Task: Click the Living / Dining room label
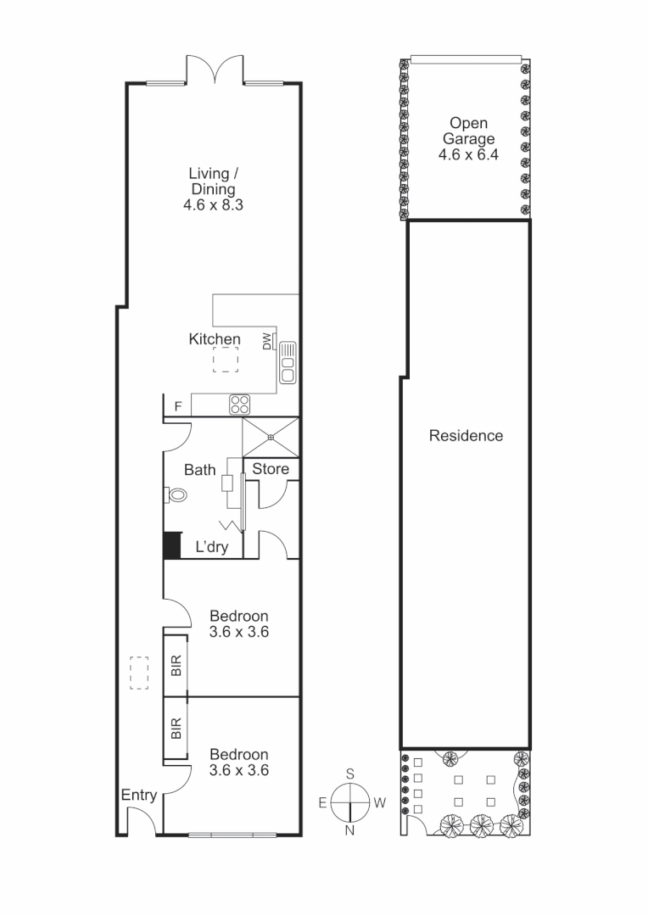(x=212, y=182)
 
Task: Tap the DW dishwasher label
(x=266, y=341)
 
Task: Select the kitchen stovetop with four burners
(x=238, y=405)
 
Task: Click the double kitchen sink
(x=288, y=362)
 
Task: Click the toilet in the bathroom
(x=177, y=494)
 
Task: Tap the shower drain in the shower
(x=271, y=438)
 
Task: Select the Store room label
(x=271, y=469)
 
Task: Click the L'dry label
(x=212, y=547)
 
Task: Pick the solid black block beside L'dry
(x=172, y=545)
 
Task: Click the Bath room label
(x=200, y=470)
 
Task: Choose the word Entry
(x=139, y=795)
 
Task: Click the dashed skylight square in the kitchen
(x=226, y=360)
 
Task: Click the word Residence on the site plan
(x=466, y=436)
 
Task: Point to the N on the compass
(x=349, y=830)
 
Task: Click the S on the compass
(x=349, y=774)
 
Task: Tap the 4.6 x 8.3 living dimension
(x=213, y=205)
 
